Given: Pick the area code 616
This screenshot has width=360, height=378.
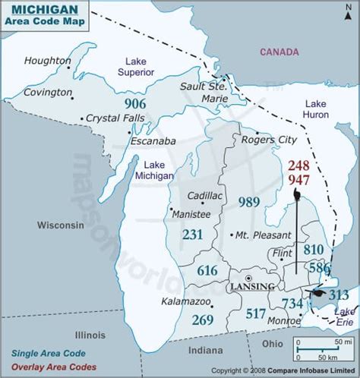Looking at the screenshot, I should coord(207,270).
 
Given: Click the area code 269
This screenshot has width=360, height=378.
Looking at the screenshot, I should coord(202,320).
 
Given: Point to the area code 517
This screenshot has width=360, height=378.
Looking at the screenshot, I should coord(256,313).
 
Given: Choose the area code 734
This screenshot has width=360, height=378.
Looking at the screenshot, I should coord(292,304).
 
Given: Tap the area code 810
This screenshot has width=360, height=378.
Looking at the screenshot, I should coord(313,248).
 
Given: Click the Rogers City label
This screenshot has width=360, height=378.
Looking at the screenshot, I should coord(269,140).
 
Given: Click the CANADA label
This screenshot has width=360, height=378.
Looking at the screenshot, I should coord(279,52).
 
